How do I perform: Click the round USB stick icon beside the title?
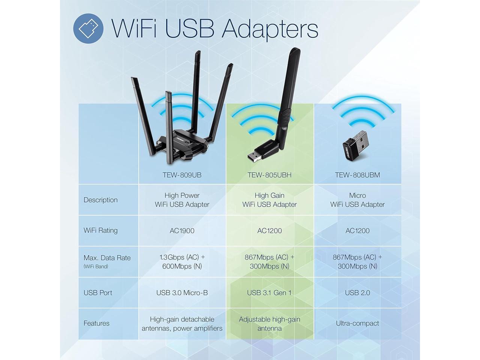click(88, 28)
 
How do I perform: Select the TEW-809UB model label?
click(182, 175)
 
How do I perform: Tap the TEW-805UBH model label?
click(269, 175)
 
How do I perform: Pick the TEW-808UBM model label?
click(357, 175)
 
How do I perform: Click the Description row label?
click(100, 200)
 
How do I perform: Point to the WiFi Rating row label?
click(100, 230)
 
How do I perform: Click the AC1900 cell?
click(182, 231)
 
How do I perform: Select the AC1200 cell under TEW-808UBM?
click(357, 231)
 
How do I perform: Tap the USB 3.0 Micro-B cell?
click(182, 292)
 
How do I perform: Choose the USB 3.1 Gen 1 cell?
click(269, 292)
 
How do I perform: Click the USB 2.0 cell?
click(357, 292)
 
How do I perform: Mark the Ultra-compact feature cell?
click(357, 323)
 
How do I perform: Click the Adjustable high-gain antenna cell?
click(269, 324)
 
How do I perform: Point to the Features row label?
click(96, 323)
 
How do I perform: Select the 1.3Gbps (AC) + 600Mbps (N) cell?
click(182, 262)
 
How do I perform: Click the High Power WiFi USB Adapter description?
click(182, 200)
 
